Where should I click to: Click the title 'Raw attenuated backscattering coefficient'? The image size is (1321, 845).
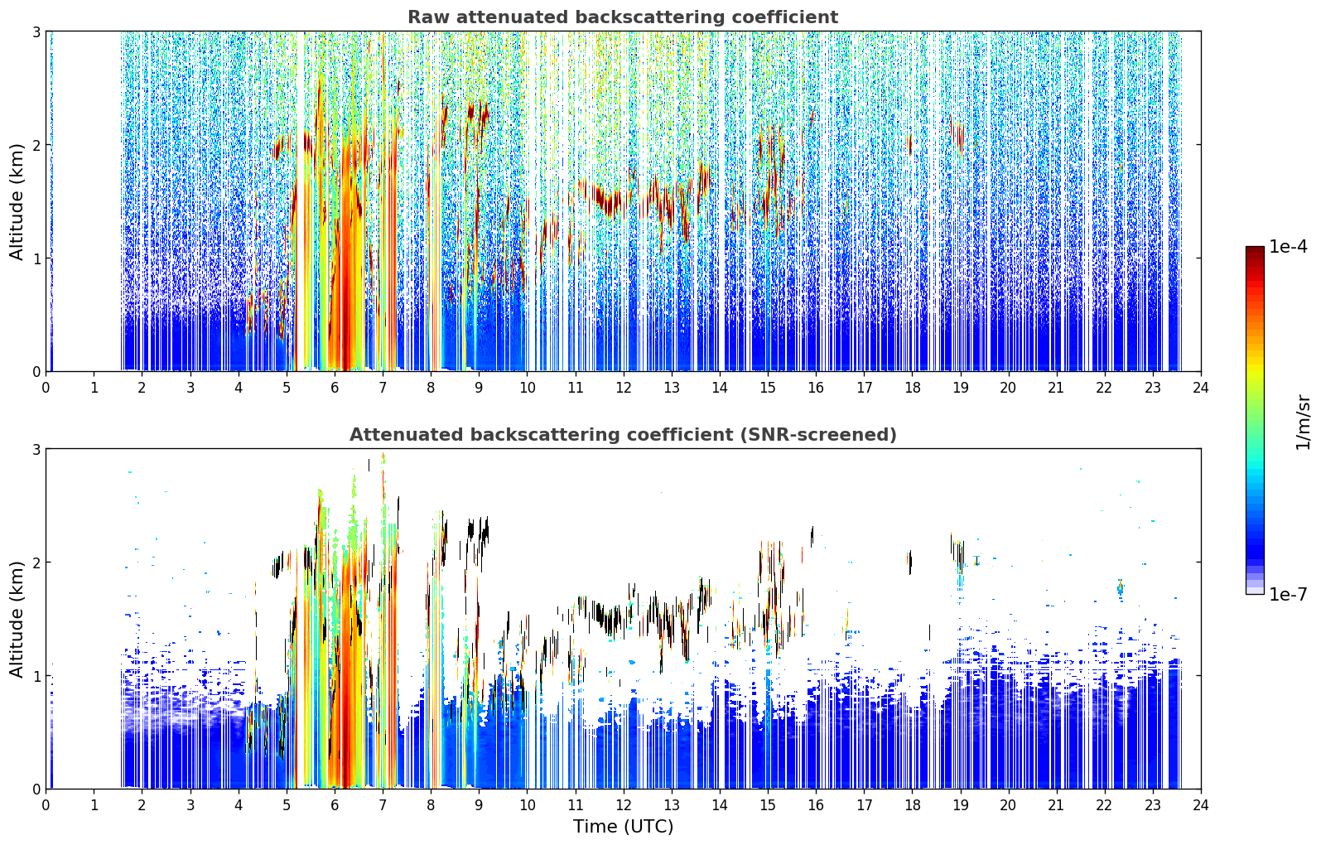pos(623,17)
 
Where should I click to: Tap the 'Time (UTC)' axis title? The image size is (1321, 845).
pos(623,826)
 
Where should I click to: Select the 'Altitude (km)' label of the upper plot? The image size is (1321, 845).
pos(17,201)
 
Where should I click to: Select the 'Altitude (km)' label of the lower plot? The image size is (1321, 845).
pos(17,619)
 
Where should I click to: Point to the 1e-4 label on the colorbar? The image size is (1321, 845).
pos(1289,247)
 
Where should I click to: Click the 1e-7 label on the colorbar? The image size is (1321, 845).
pos(1289,594)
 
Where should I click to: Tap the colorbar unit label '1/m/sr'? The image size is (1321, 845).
pos(1303,422)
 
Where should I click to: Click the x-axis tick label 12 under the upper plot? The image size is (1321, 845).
pos(624,388)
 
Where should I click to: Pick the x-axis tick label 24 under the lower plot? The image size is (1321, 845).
pos(1201,805)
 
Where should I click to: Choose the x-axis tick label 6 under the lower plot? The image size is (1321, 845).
pos(335,805)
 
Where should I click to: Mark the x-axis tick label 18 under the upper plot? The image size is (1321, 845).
pos(913,388)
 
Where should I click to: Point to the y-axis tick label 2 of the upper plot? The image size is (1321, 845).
pos(36,145)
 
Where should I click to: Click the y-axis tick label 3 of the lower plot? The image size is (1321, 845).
pos(36,449)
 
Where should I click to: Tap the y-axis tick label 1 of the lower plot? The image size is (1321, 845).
pos(36,676)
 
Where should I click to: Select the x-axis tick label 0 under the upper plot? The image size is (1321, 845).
pos(46,388)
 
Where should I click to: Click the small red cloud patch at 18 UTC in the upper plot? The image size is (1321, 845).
pos(910,145)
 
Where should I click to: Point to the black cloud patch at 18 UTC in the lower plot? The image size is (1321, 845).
pos(910,563)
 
